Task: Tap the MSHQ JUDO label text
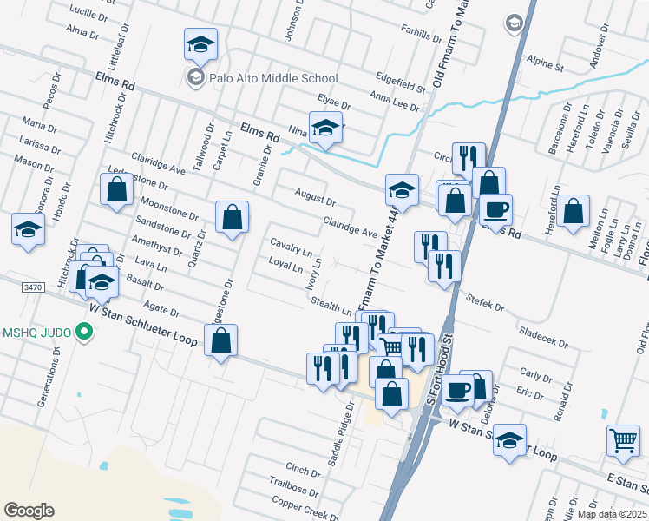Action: point(36,331)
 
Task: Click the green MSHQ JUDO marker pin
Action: point(84,331)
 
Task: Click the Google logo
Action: point(29,510)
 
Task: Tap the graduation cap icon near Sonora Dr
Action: point(28,229)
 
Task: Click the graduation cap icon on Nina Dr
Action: point(325,128)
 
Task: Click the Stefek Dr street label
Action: point(487,306)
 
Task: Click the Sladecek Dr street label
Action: point(541,333)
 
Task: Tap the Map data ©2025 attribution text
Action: point(612,514)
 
